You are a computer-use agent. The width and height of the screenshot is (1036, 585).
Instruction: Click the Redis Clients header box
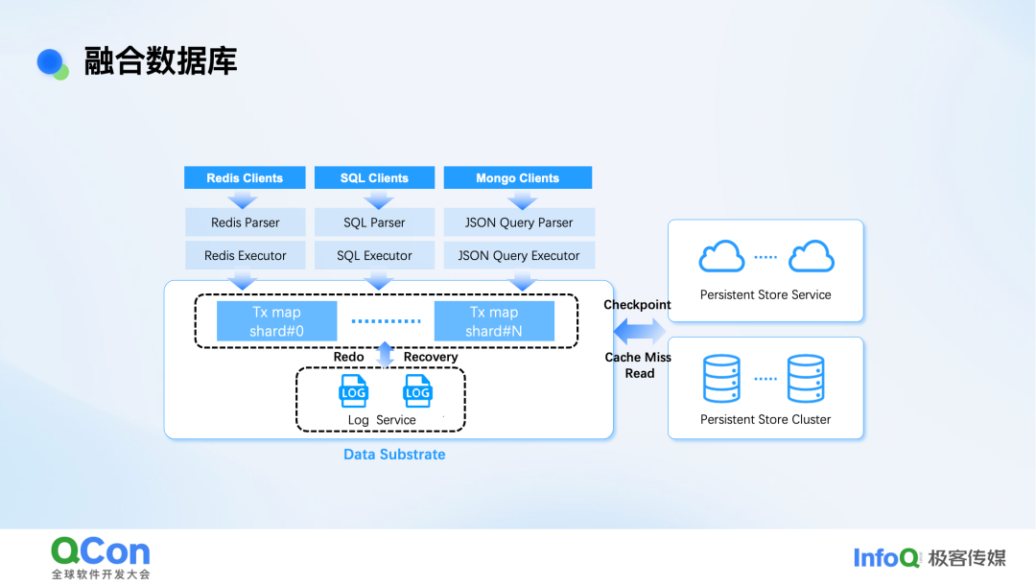(245, 177)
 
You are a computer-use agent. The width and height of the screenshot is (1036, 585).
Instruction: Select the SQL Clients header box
(374, 177)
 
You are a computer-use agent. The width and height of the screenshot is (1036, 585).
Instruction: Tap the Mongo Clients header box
(518, 177)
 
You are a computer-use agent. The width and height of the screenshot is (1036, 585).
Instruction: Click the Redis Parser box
(246, 222)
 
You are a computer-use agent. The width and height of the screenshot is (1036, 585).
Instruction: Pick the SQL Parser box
(374, 222)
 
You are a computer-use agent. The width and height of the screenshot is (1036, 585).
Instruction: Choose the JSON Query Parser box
(519, 222)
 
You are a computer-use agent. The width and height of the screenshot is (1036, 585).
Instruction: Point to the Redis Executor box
(246, 256)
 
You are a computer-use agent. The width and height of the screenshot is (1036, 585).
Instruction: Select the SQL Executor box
(374, 256)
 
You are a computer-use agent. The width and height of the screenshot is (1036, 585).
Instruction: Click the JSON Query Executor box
(519, 256)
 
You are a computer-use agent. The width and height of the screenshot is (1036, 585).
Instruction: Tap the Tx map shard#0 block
(276, 321)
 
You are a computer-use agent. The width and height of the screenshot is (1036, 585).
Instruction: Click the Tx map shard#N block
(494, 321)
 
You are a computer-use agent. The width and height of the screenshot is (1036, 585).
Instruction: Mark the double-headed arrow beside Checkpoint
(640, 332)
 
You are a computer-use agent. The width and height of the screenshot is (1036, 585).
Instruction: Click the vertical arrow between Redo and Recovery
(385, 356)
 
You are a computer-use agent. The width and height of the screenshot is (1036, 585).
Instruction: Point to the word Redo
(348, 357)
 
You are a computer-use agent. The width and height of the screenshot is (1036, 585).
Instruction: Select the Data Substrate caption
(394, 455)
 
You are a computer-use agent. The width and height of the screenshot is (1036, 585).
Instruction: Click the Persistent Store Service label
(765, 294)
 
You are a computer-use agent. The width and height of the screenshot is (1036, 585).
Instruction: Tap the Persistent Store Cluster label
(765, 419)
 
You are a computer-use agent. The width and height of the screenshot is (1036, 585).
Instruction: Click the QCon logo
(101, 551)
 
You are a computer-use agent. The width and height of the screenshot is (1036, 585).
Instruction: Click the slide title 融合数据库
(160, 61)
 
